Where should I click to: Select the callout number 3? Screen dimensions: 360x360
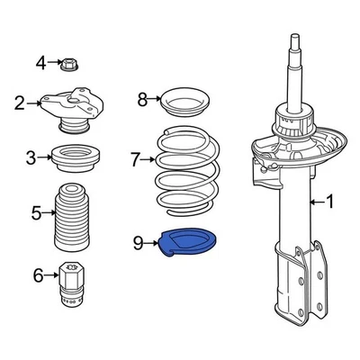point(31,158)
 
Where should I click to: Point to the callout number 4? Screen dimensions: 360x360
point(40,62)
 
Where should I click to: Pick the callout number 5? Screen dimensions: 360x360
point(37,213)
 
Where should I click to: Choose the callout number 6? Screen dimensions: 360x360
point(38,274)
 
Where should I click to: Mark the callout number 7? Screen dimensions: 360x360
point(135,160)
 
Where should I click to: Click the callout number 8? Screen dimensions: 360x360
point(141,99)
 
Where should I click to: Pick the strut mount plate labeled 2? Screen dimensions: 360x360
point(76,107)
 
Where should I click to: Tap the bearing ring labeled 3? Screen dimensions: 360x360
point(76,159)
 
